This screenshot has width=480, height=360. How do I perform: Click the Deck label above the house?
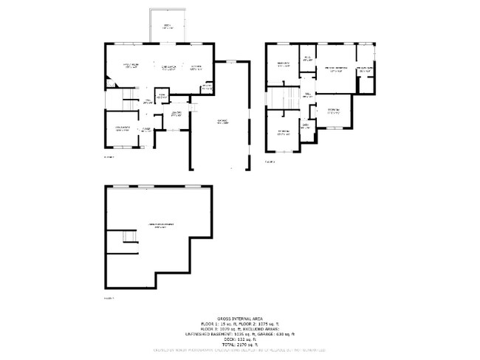click(x=168, y=26)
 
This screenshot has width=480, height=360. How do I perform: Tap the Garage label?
click(x=222, y=122)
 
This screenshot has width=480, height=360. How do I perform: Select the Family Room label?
click(x=131, y=66)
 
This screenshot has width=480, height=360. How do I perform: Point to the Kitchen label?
click(x=196, y=68)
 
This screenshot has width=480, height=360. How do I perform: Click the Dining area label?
click(x=167, y=67)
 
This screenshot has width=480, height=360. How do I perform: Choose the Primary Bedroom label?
click(x=336, y=69)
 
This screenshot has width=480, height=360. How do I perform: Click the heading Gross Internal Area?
click(x=239, y=314)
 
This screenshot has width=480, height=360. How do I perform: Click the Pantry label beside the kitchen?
click(x=207, y=86)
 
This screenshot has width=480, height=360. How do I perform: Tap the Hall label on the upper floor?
click(x=306, y=96)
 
